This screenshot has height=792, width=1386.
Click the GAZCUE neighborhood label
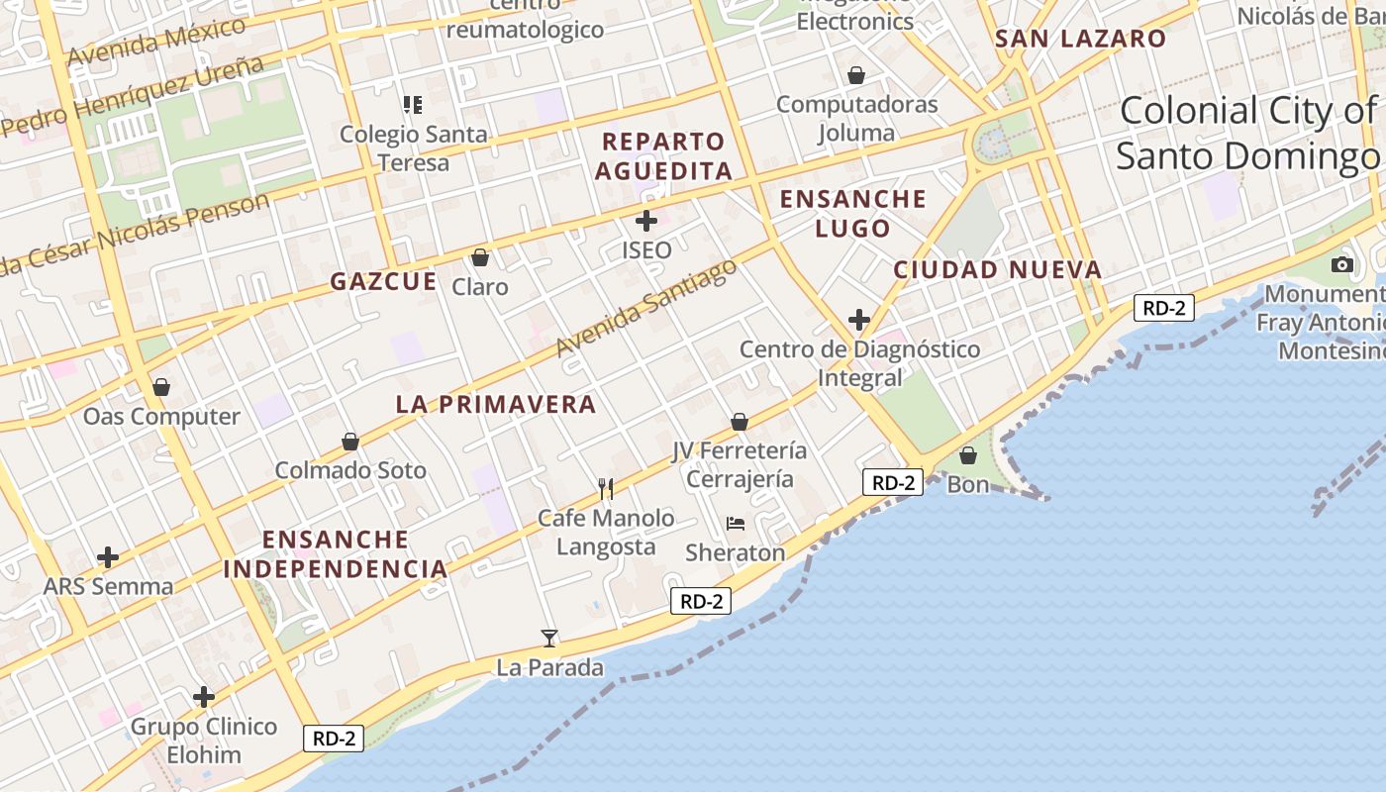383,281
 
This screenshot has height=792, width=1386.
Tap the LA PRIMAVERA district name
496,404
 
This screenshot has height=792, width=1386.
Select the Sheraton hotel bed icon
735,523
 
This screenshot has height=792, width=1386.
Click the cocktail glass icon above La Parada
549,638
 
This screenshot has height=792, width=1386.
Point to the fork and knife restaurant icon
606,488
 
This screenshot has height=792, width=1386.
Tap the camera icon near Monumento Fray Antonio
1342,264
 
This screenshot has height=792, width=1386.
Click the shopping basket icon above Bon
968,454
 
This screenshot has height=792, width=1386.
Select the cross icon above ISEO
646,220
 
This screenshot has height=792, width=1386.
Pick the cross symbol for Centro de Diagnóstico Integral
859,320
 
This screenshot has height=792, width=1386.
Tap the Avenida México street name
156,42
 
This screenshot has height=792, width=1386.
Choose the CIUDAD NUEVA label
997,269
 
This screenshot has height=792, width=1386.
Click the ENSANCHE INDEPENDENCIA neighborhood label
336,554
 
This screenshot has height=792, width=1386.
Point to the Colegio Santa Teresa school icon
413,104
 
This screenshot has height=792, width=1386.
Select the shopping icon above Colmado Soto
349,441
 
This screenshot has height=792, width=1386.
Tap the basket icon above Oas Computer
160,387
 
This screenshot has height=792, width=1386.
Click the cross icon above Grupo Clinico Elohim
204,697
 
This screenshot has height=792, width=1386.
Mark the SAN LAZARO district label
1080,39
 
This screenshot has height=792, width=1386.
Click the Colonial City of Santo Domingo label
1247,134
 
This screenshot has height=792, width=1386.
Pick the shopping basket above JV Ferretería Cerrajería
740,422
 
